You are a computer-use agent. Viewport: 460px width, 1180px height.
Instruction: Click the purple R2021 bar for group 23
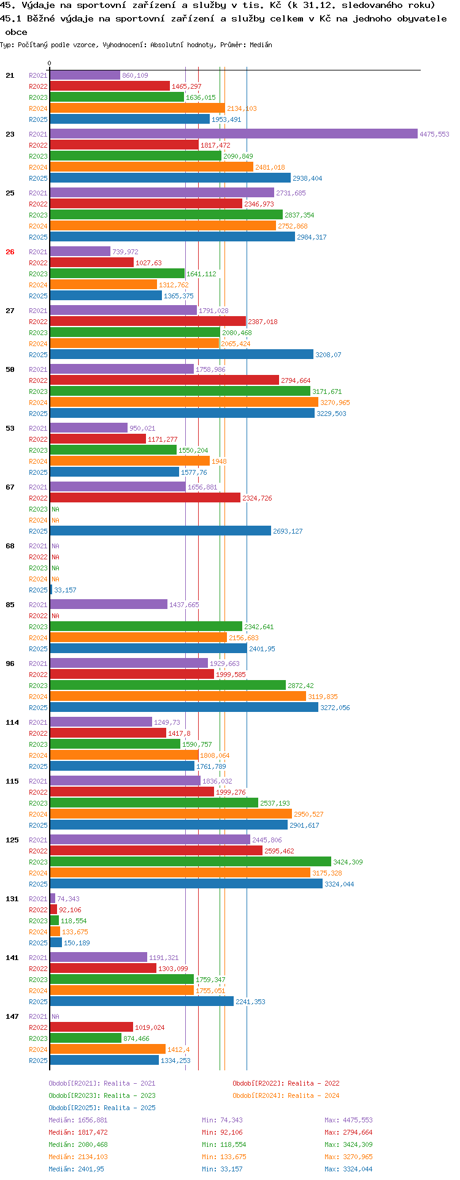click(233, 134)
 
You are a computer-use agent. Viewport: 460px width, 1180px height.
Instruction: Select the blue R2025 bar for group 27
click(182, 355)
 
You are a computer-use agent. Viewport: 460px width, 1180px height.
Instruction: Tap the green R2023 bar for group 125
click(190, 862)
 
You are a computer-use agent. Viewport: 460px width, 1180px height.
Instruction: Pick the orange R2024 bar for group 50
click(184, 403)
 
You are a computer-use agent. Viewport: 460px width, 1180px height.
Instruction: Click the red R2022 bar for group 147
click(91, 1027)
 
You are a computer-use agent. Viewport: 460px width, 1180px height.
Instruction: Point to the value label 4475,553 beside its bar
click(434, 134)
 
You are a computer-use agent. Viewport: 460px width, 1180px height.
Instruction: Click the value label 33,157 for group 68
click(66, 590)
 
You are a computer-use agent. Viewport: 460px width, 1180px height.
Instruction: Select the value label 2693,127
click(288, 531)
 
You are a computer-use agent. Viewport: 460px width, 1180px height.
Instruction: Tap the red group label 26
click(10, 252)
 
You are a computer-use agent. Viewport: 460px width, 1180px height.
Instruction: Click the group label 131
click(12, 899)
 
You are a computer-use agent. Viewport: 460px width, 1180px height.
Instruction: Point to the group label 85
click(10, 605)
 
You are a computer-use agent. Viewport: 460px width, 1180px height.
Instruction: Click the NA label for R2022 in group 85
click(55, 616)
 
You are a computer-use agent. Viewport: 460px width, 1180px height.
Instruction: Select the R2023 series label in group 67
click(38, 509)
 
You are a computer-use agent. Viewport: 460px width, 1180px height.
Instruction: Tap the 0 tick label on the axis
click(50, 63)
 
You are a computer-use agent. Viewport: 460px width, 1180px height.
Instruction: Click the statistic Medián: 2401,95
click(77, 1169)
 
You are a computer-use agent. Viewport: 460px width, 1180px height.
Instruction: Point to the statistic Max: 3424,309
click(348, 1144)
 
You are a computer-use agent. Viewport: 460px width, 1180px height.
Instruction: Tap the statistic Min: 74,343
click(222, 1120)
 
